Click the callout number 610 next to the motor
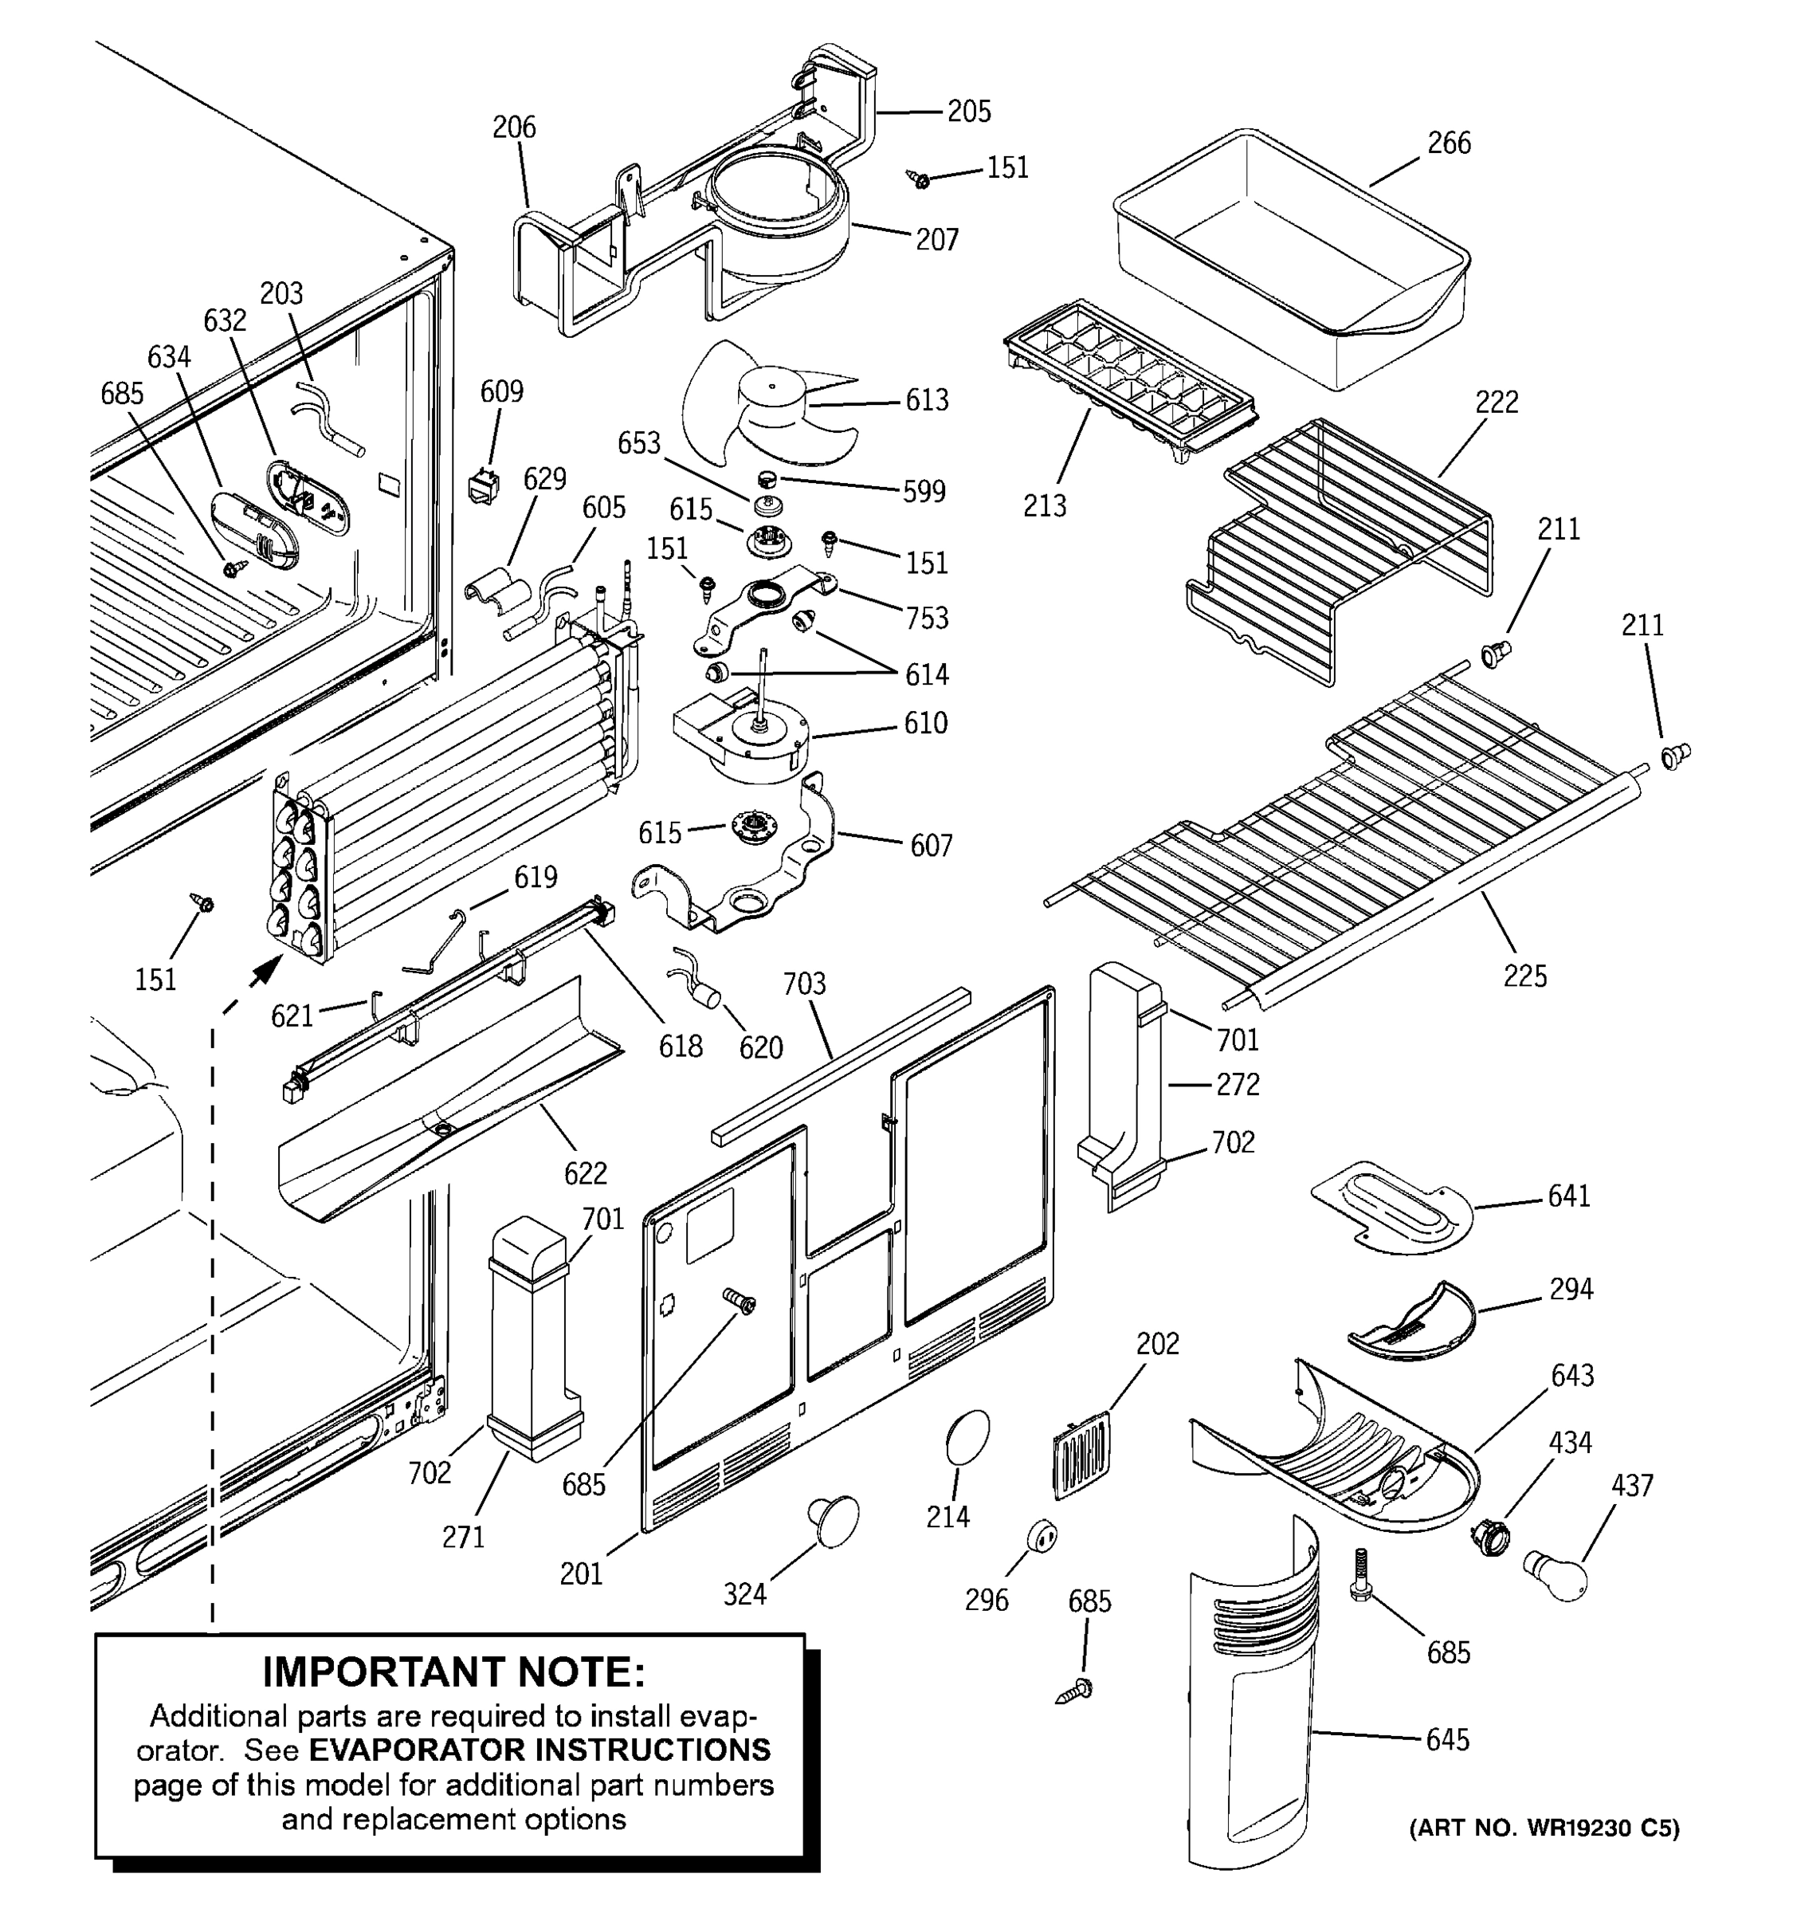tap(925, 724)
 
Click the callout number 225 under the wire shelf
tap(1524, 976)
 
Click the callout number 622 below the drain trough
tap(585, 1173)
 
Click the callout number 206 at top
tap(514, 127)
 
